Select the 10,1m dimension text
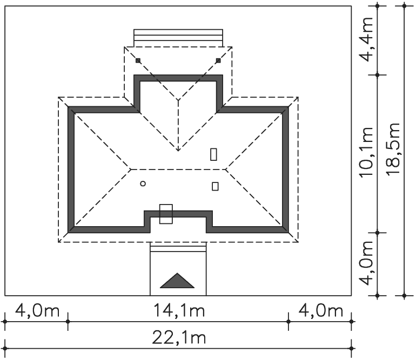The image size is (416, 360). [366, 152]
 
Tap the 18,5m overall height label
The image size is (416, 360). [393, 149]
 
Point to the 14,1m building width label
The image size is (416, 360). [179, 310]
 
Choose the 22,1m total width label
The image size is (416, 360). [178, 338]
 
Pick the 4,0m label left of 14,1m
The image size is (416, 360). [37, 310]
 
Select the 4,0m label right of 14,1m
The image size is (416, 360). [321, 310]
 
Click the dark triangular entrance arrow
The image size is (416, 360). [177, 281]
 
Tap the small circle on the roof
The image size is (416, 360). [143, 184]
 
